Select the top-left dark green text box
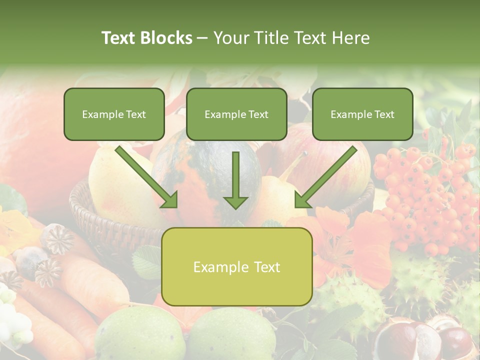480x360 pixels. click(114, 114)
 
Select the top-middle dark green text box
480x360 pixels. click(236, 114)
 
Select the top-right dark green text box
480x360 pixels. click(362, 114)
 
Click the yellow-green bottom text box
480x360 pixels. click(236, 266)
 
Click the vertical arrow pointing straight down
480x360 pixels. click(235, 180)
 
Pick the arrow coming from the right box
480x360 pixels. click(325, 177)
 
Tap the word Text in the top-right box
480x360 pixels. click(384, 114)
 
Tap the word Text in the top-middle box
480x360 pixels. click(258, 114)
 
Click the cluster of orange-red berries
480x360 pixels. click(425, 195)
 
